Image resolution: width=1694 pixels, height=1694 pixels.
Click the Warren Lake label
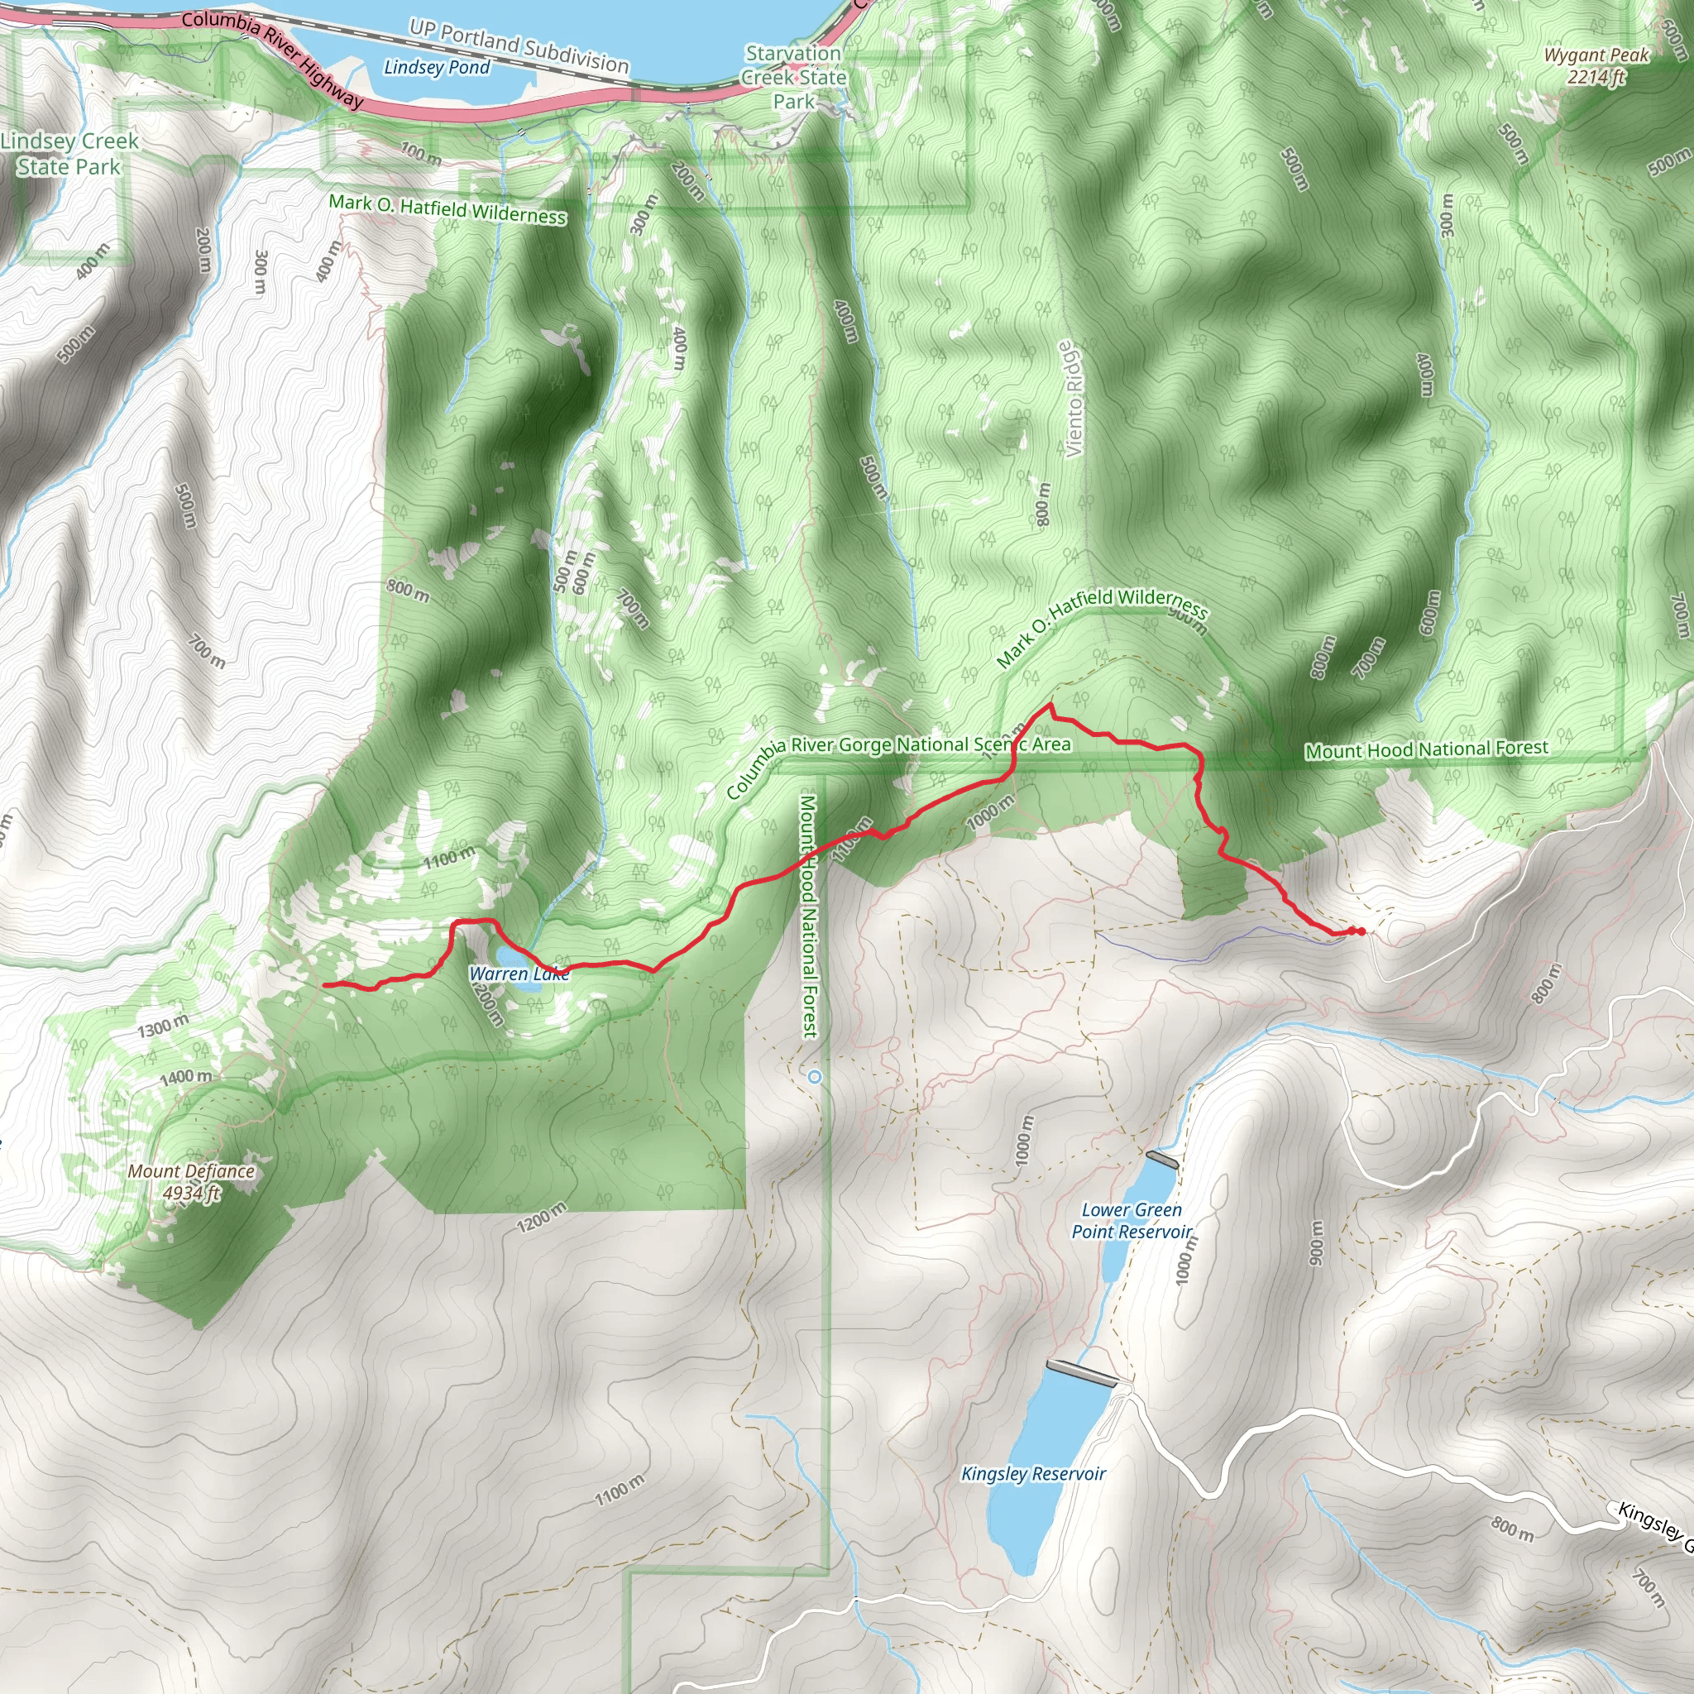519,974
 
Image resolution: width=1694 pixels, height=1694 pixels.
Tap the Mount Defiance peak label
191,1182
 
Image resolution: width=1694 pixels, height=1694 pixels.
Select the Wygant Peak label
1596,66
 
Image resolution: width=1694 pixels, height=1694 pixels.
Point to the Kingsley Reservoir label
1033,1474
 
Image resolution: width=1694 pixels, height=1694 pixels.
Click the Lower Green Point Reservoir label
1131,1221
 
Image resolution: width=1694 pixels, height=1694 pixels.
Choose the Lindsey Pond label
437,68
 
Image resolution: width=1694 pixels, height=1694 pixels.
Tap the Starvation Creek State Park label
793,77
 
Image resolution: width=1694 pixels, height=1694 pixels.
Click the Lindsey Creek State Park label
69,154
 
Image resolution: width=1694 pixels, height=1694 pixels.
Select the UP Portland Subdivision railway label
519,46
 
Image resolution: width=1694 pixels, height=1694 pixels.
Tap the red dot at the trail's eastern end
1360,931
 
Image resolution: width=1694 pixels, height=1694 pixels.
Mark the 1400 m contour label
185,1077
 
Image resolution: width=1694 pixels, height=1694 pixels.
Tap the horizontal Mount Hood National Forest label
1427,749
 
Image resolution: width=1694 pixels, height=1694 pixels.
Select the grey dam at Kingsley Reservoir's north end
1082,1373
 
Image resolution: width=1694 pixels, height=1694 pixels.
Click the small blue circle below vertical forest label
816,1077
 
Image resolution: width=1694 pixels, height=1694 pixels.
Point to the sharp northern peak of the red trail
1050,705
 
